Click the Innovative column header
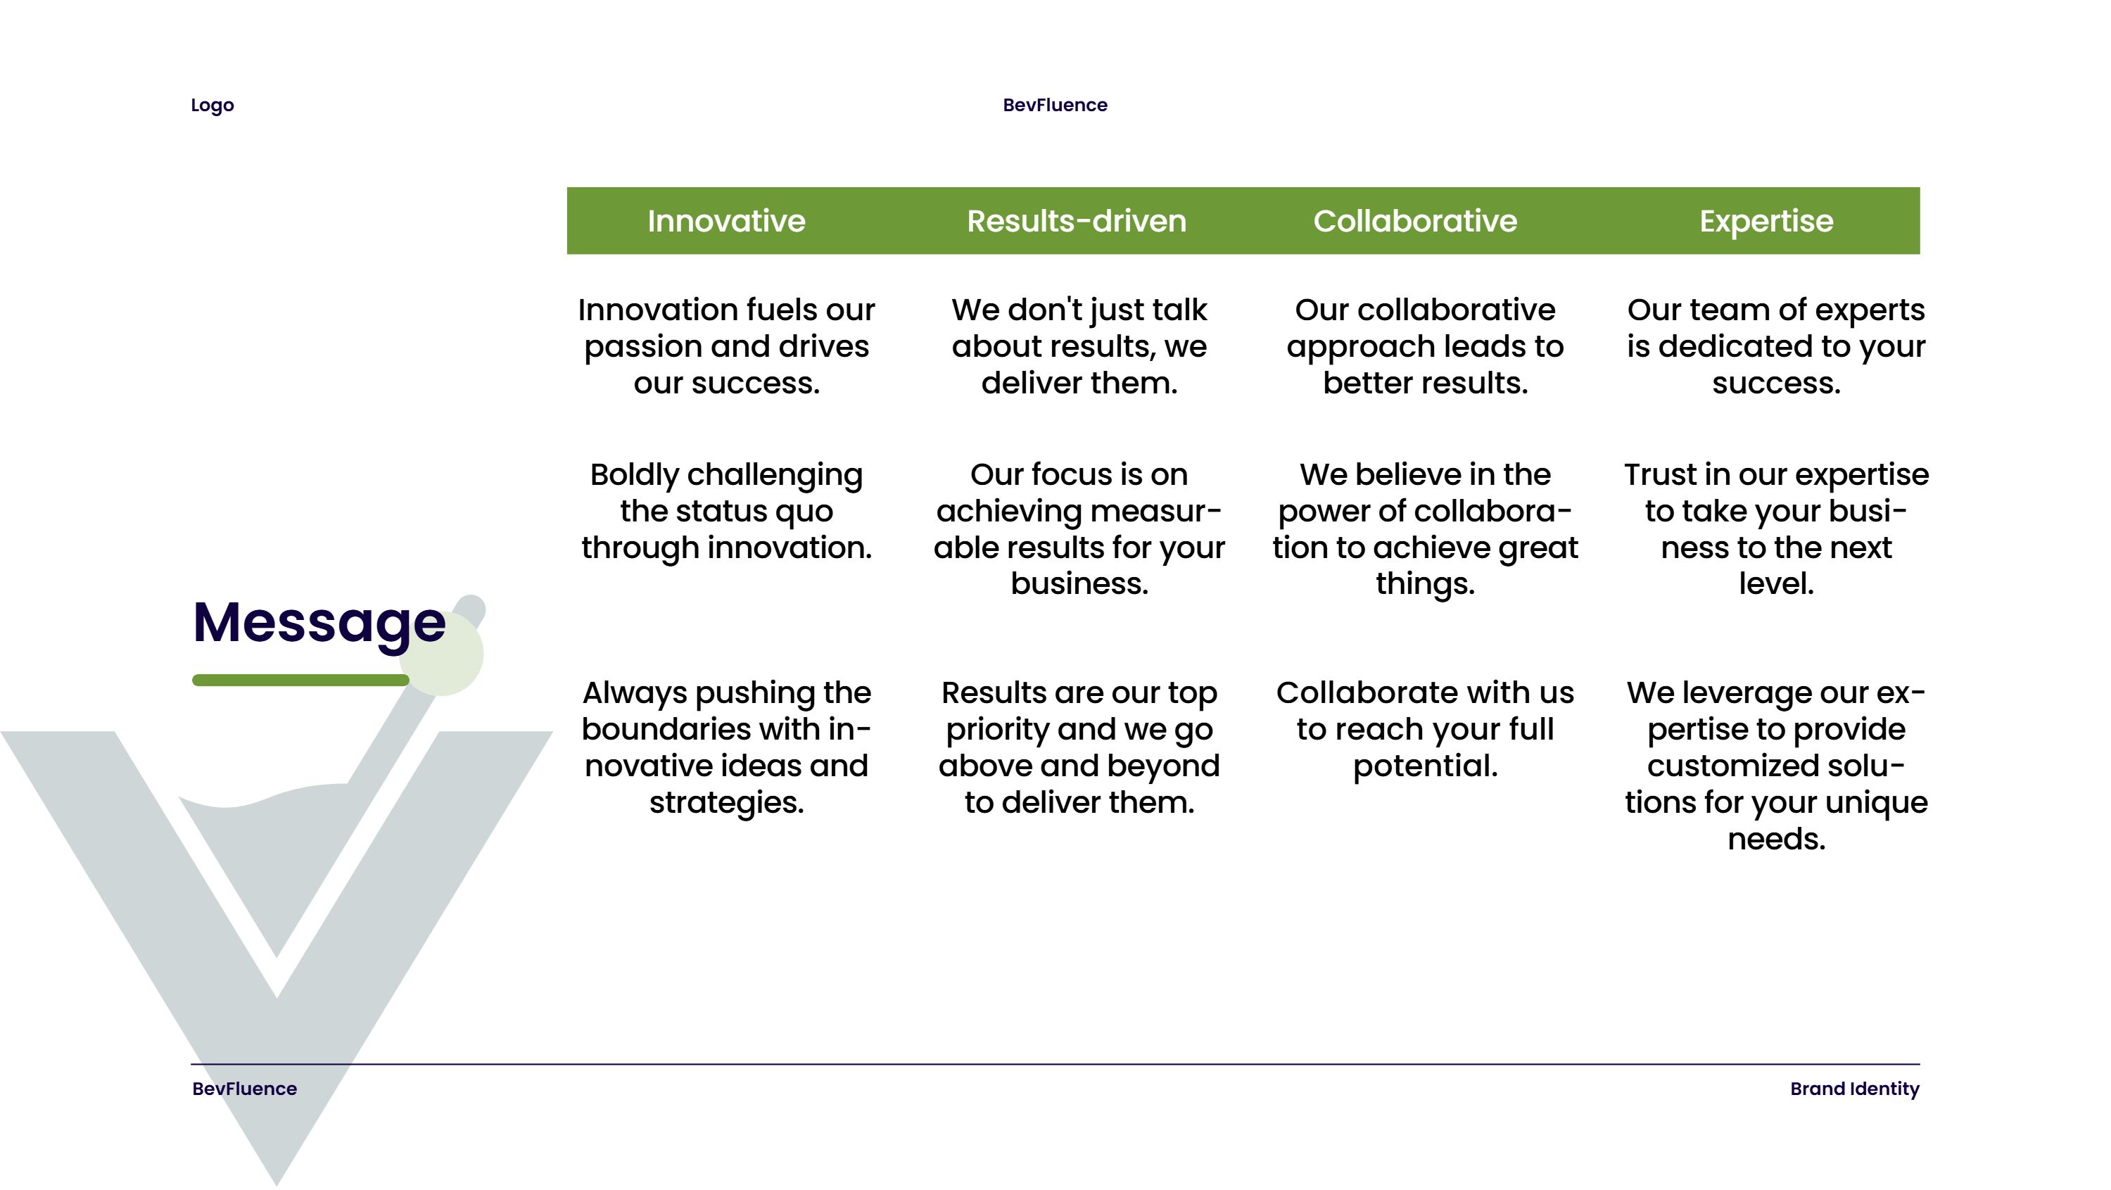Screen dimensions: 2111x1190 [x=726, y=221]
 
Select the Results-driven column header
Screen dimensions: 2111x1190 [x=1076, y=221]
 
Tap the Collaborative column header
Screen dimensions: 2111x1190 [x=1415, y=221]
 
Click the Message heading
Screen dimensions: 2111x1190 [x=319, y=624]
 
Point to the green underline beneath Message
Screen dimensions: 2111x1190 [x=300, y=681]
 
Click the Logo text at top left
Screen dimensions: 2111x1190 [x=213, y=106]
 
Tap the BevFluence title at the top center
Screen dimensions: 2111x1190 [x=1055, y=105]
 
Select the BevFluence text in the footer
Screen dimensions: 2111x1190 [x=244, y=1089]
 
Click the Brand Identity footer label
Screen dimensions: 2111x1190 [x=1854, y=1089]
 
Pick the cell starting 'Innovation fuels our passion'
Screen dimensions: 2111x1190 [x=726, y=347]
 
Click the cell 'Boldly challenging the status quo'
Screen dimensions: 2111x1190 [x=726, y=512]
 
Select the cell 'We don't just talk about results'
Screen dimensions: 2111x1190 [x=1079, y=347]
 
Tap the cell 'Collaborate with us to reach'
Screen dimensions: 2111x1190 [x=1425, y=729]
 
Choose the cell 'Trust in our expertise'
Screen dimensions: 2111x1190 [x=1776, y=529]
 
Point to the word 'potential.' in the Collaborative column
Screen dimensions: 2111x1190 [x=1425, y=766]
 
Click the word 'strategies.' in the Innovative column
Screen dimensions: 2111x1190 [x=726, y=803]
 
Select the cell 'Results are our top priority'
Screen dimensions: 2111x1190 [x=1079, y=747]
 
